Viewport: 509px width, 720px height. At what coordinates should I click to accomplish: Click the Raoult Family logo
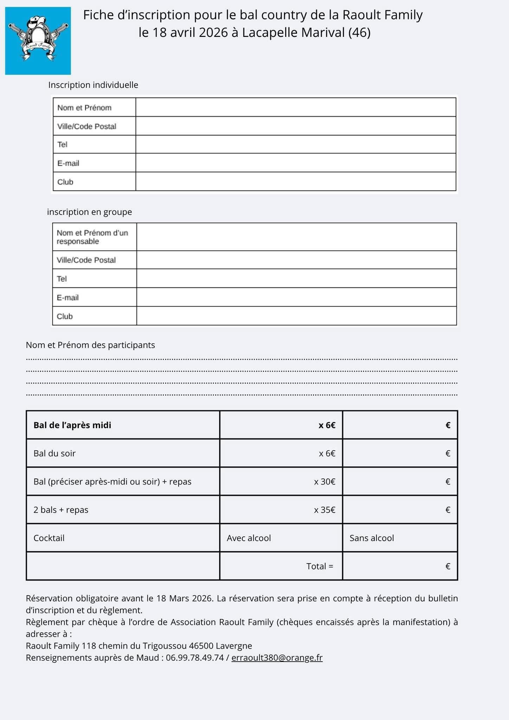point(38,41)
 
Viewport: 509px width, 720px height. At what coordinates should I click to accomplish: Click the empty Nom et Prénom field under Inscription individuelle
point(295,108)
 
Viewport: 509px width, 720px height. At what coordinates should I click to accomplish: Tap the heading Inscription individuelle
point(93,85)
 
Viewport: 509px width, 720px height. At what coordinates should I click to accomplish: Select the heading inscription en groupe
point(90,212)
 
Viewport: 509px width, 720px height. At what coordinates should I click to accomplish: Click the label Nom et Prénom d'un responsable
point(92,237)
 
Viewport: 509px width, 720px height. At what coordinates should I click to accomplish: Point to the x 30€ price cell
point(324,482)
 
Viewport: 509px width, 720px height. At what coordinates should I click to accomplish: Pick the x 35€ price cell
point(324,510)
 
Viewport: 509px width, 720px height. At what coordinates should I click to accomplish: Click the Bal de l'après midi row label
point(72,425)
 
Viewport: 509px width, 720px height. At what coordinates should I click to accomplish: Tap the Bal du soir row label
point(54,454)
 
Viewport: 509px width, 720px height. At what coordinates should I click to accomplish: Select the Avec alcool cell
point(249,538)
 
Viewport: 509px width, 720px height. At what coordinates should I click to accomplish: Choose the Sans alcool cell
point(372,538)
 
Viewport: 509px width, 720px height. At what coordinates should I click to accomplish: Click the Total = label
point(320,566)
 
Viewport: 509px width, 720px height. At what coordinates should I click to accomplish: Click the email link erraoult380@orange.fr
point(277,658)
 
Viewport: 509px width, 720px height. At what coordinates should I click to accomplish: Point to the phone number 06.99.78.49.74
point(195,658)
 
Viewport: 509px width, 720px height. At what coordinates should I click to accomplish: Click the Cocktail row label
point(49,538)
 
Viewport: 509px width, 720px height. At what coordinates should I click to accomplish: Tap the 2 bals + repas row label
point(61,510)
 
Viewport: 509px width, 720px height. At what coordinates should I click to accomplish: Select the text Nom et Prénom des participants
point(90,345)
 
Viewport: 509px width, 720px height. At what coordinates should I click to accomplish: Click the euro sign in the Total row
point(448,566)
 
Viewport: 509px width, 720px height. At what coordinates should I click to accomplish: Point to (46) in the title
point(359,33)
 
